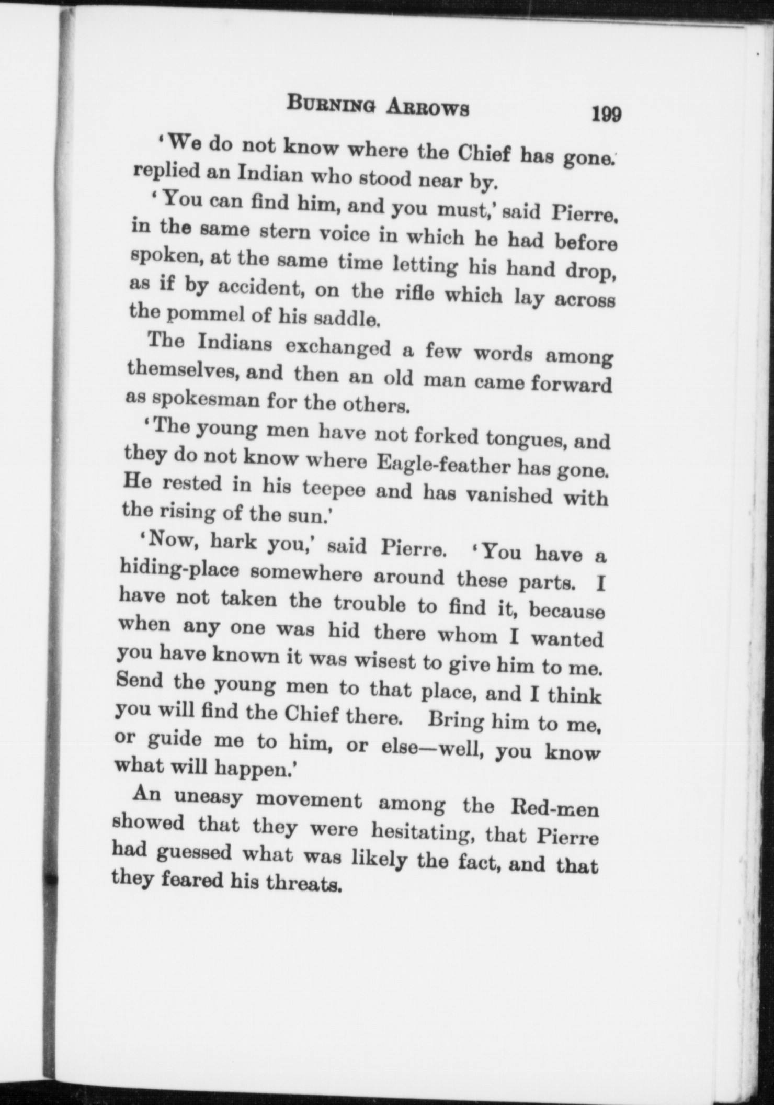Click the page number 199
tap(606, 113)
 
